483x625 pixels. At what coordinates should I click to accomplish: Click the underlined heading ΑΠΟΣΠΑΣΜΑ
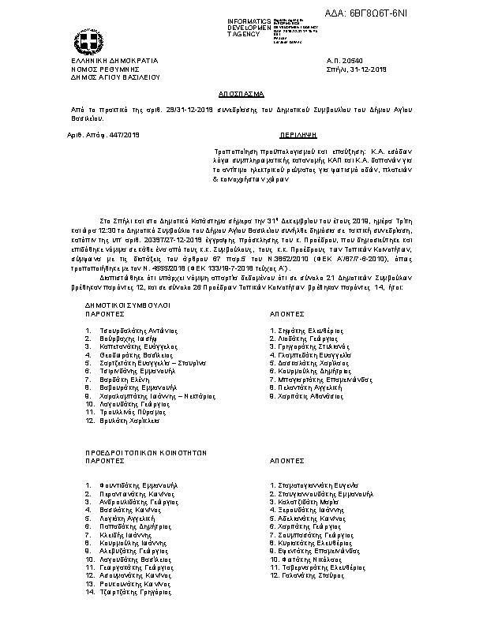coord(241,92)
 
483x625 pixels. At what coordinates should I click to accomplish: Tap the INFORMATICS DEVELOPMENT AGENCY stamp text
coord(249,26)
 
